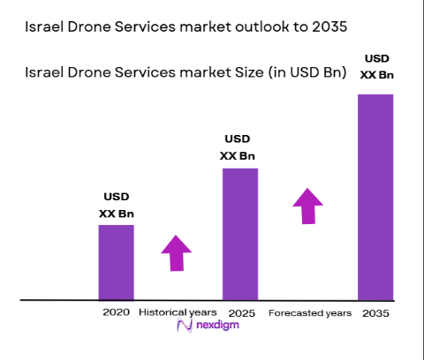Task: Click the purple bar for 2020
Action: pos(116,262)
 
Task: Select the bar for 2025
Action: pos(239,234)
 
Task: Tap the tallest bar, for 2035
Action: pos(375,197)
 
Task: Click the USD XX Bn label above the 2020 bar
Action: pos(116,206)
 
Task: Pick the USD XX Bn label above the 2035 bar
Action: pos(375,67)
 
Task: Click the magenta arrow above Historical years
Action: pos(176,253)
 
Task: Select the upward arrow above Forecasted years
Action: pos(308,206)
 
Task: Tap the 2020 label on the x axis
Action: pos(116,312)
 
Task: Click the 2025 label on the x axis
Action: pos(240,312)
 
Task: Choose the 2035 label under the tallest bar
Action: pos(376,312)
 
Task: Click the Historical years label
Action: pos(177,312)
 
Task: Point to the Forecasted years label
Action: pos(310,312)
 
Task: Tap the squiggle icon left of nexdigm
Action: pos(185,327)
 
